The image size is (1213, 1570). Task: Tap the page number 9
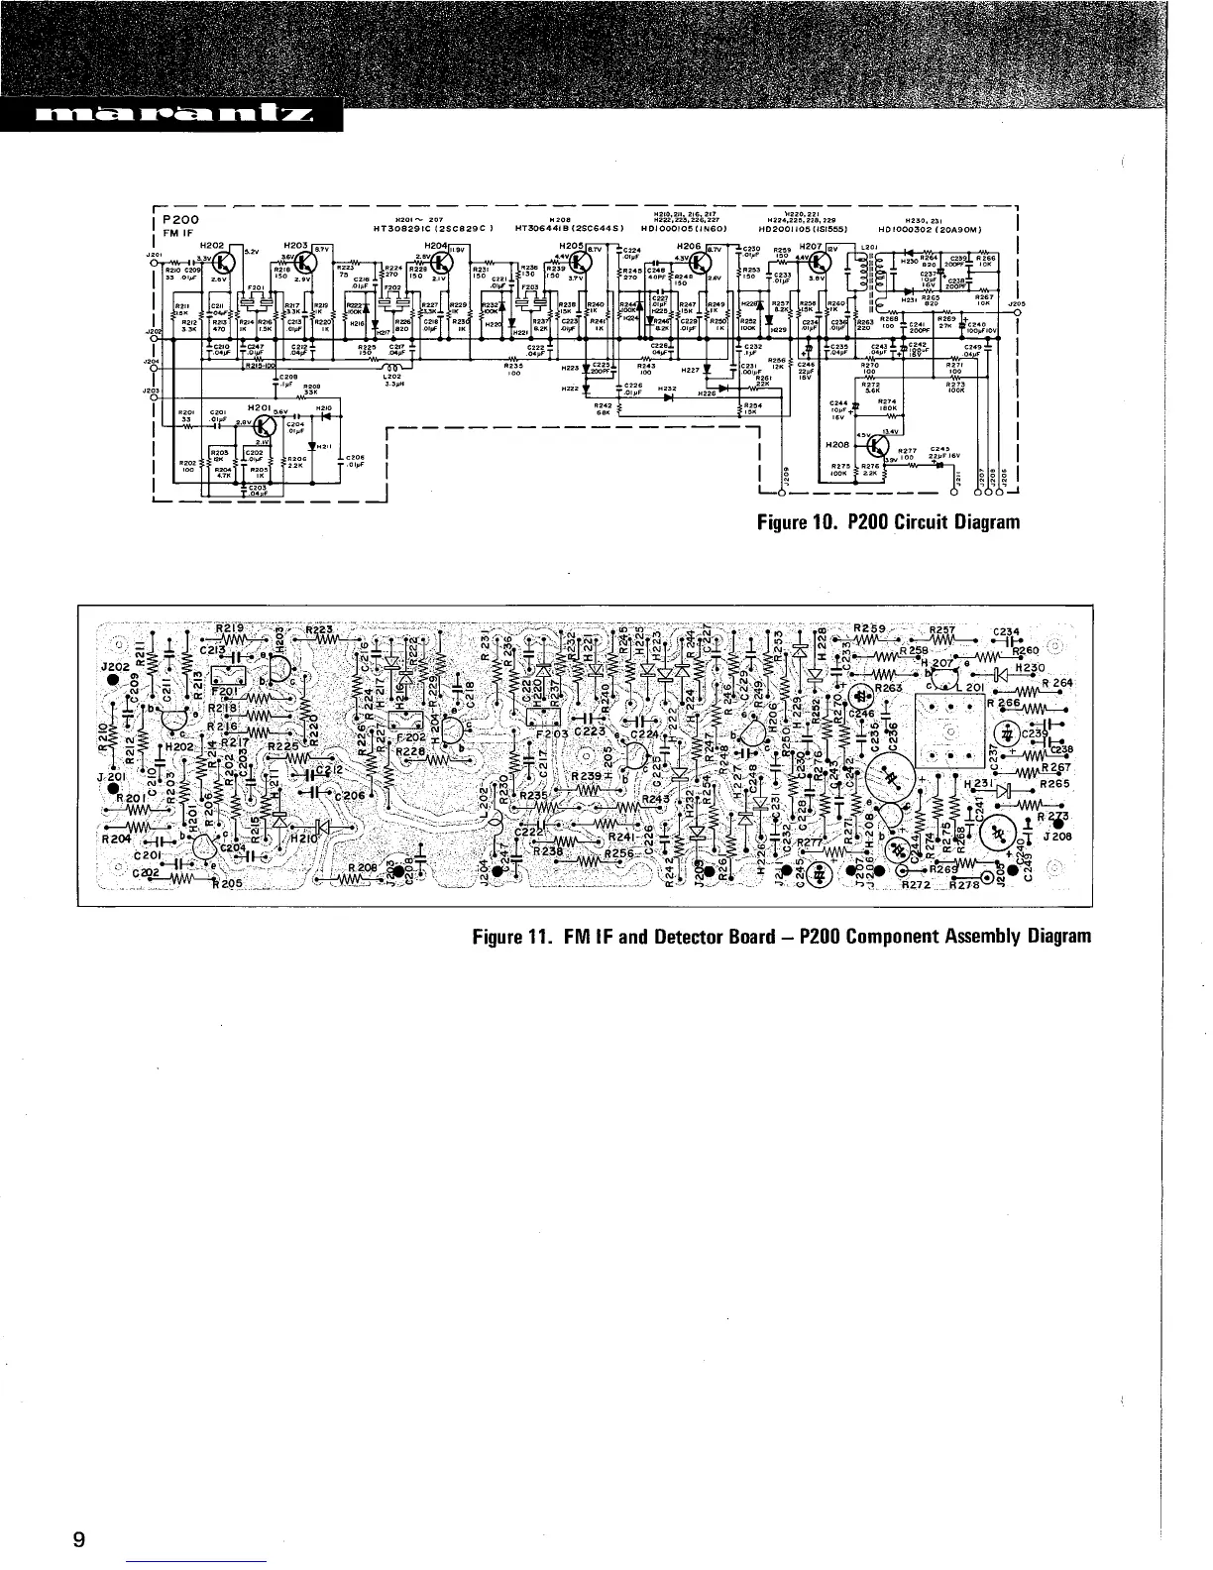79,1539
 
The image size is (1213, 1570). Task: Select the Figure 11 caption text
781,935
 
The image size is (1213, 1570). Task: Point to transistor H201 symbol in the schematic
265,426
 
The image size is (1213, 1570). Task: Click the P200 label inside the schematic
181,219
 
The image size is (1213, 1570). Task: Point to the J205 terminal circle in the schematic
1018,312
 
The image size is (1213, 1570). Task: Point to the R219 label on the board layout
234,628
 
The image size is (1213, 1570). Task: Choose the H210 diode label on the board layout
296,836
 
